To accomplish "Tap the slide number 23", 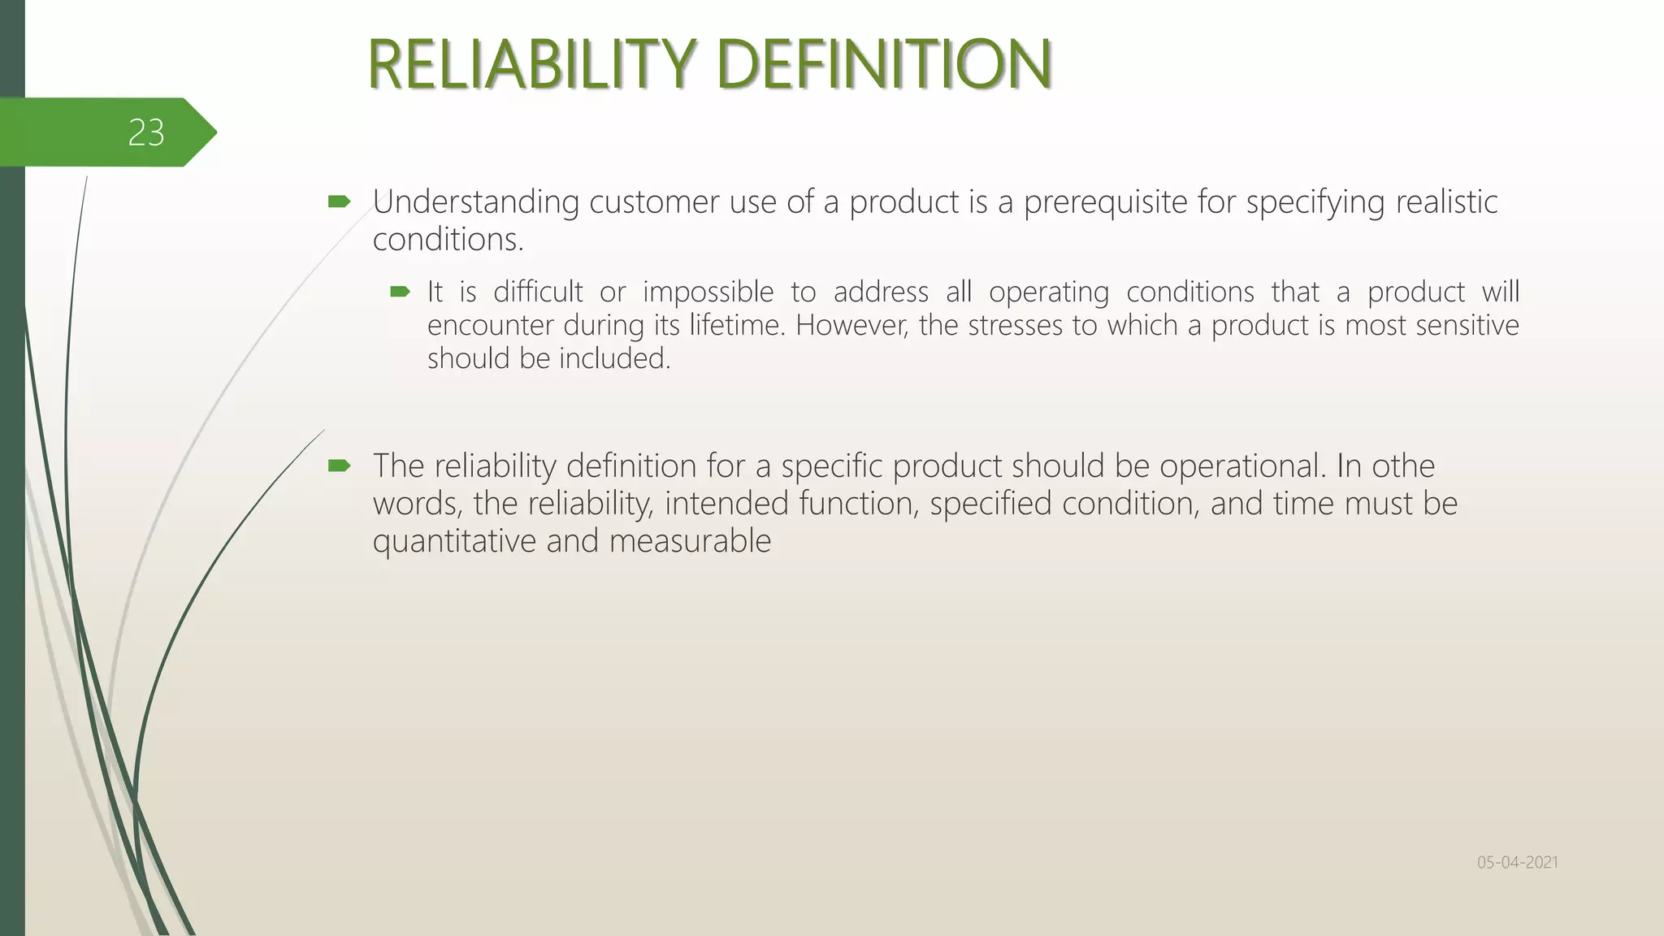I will click(x=146, y=132).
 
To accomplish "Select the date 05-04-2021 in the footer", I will click(x=1517, y=862).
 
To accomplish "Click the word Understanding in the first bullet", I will click(x=475, y=202).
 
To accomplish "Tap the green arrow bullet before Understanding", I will click(x=339, y=201).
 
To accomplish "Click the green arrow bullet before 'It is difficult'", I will click(x=400, y=292).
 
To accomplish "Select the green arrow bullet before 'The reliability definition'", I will click(x=339, y=466).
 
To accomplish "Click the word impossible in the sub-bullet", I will click(x=708, y=292).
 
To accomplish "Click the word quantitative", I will click(x=454, y=541).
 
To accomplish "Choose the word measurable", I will click(x=690, y=541).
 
